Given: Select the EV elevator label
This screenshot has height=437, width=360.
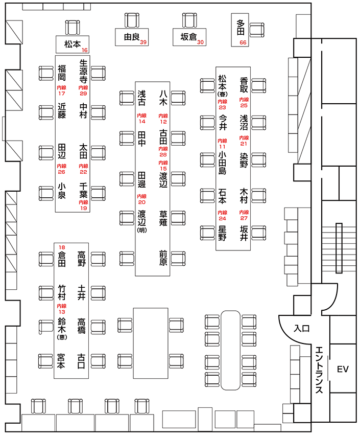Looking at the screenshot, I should coord(342,369).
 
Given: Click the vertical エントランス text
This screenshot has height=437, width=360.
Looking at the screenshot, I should coord(319,370).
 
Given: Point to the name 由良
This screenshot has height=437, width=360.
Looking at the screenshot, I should coord(132,37).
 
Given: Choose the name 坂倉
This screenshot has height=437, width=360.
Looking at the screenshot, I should coord(188,37).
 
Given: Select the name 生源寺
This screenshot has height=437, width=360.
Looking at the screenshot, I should coord(83,71).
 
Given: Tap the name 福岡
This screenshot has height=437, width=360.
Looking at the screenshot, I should coord(61,74).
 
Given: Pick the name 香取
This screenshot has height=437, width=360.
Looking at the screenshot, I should coord(244,84).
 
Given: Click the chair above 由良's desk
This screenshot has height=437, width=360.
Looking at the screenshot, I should coord(132,20).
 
